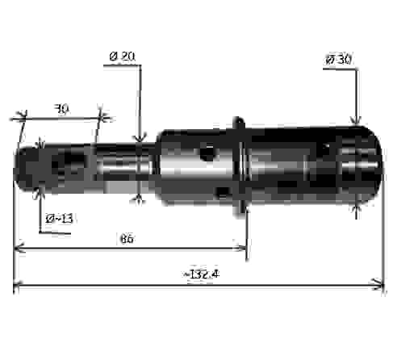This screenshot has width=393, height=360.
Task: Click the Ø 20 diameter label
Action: [121, 56]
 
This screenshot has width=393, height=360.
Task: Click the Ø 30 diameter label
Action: [340, 59]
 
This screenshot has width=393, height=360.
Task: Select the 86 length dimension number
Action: [126, 239]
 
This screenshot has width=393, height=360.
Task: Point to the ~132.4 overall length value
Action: [201, 274]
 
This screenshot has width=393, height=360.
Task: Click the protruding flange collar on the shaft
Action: [240, 165]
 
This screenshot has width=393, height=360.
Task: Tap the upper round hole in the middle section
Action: [207, 151]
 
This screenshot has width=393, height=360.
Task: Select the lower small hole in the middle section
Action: [222, 191]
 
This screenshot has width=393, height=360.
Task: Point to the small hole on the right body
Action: [324, 150]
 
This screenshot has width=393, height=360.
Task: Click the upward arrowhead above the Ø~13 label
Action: [39, 190]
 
